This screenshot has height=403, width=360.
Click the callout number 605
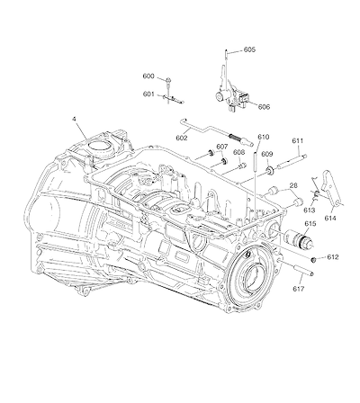249,49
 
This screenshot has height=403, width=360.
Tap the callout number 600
148,76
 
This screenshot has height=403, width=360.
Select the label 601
148,94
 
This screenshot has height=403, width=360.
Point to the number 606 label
264,107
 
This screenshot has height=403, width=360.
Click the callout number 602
182,138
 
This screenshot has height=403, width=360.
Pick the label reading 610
264,137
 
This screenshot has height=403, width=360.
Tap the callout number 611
297,140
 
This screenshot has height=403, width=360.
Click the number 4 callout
74,119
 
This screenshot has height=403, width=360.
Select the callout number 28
293,186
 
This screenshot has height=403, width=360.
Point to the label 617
298,289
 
